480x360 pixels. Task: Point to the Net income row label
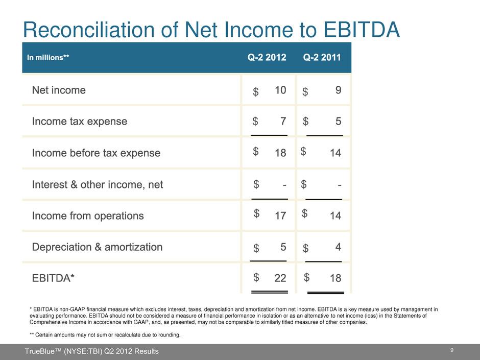tap(59, 90)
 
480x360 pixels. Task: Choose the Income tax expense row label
tap(80, 122)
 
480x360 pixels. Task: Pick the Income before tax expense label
tap(96, 153)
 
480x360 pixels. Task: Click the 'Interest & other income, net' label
tap(98, 184)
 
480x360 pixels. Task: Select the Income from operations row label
tap(88, 215)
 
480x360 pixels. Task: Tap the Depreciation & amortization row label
tap(97, 247)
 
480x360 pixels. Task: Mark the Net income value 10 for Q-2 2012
tap(280, 90)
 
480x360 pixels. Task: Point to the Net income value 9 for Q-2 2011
tap(338, 90)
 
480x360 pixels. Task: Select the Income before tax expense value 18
tap(280, 153)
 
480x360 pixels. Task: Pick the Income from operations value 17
tap(280, 216)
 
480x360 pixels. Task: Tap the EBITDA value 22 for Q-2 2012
tap(280, 279)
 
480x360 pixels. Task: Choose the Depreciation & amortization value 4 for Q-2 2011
tap(338, 247)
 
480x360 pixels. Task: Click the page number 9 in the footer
tap(453, 350)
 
